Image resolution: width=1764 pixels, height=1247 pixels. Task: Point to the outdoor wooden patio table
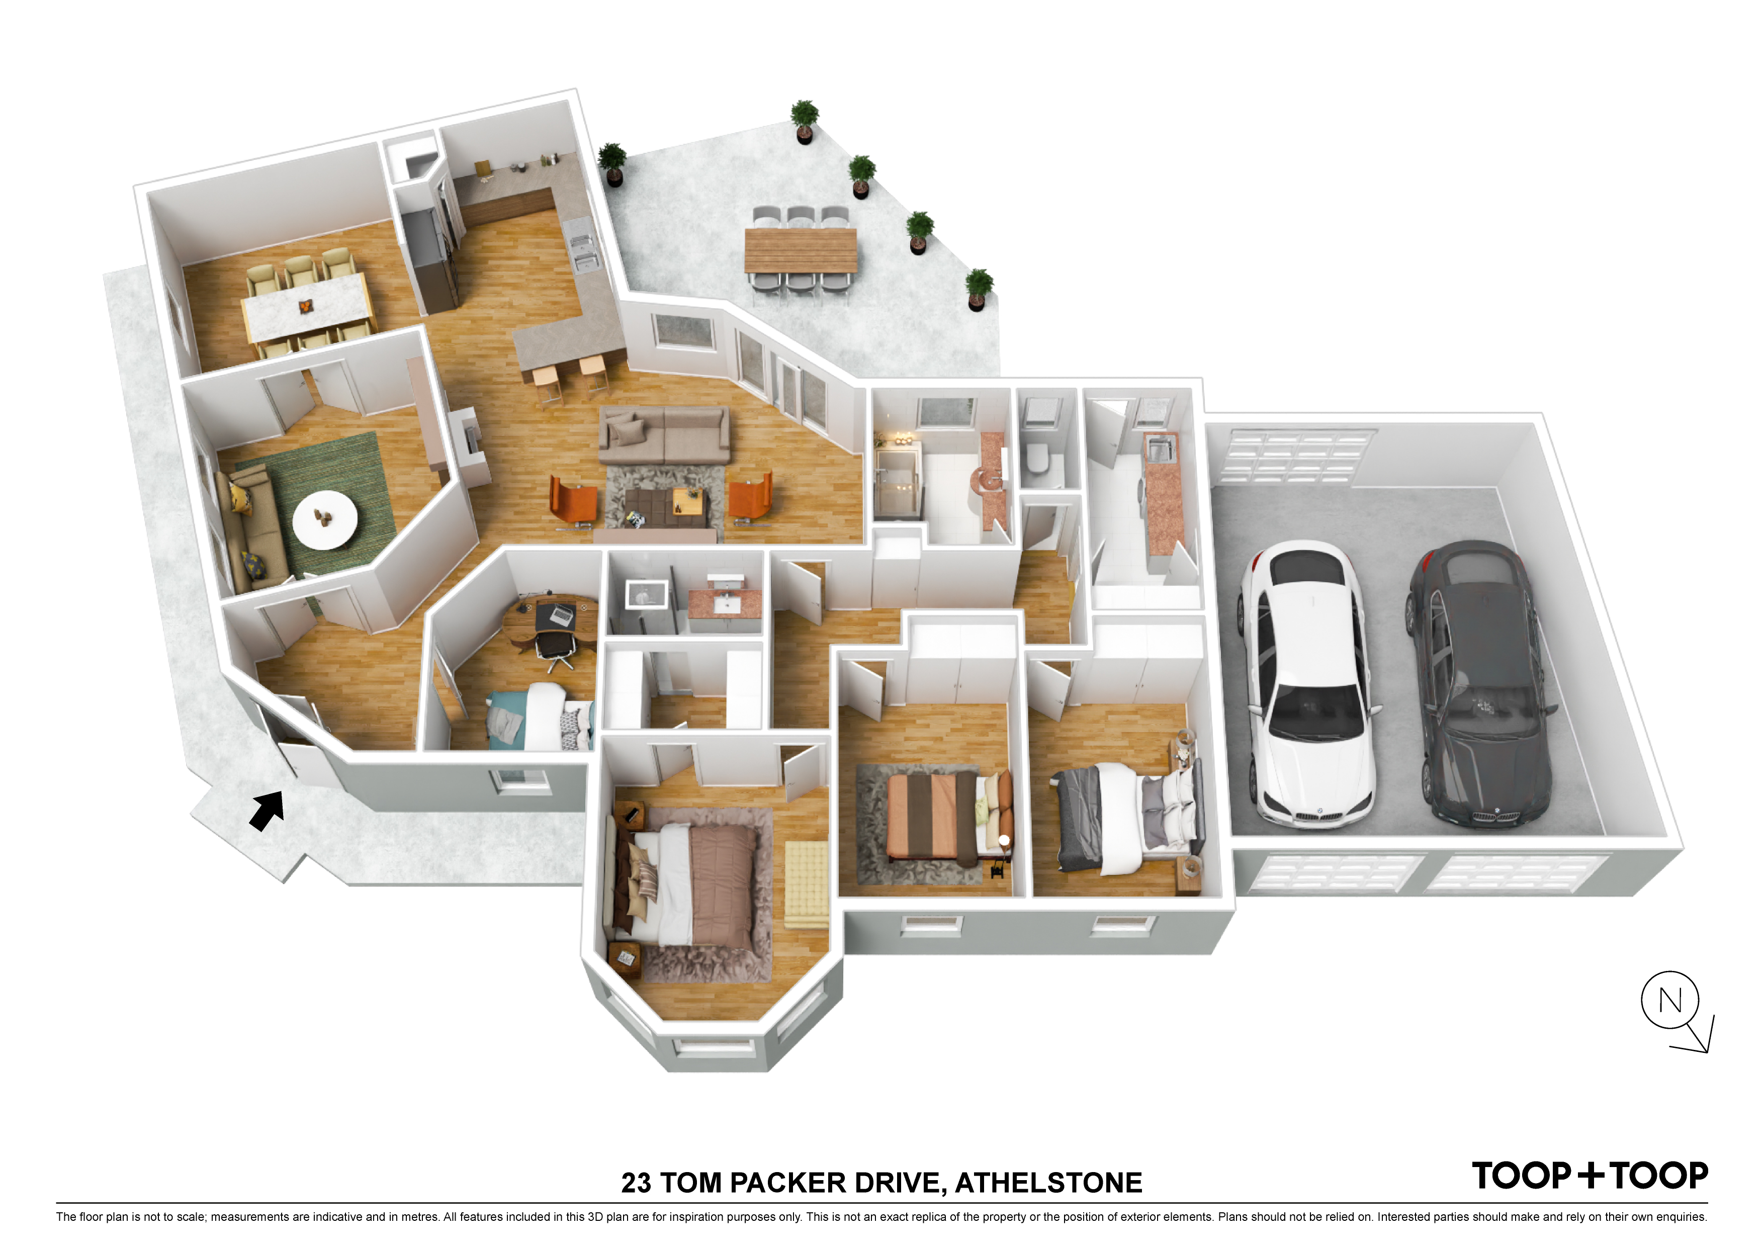801,250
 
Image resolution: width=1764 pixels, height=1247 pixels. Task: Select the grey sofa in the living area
664,435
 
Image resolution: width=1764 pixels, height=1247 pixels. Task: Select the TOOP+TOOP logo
1590,1176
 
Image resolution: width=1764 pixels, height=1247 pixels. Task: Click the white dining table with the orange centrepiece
307,307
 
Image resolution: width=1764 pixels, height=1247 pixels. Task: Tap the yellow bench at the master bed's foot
806,883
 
